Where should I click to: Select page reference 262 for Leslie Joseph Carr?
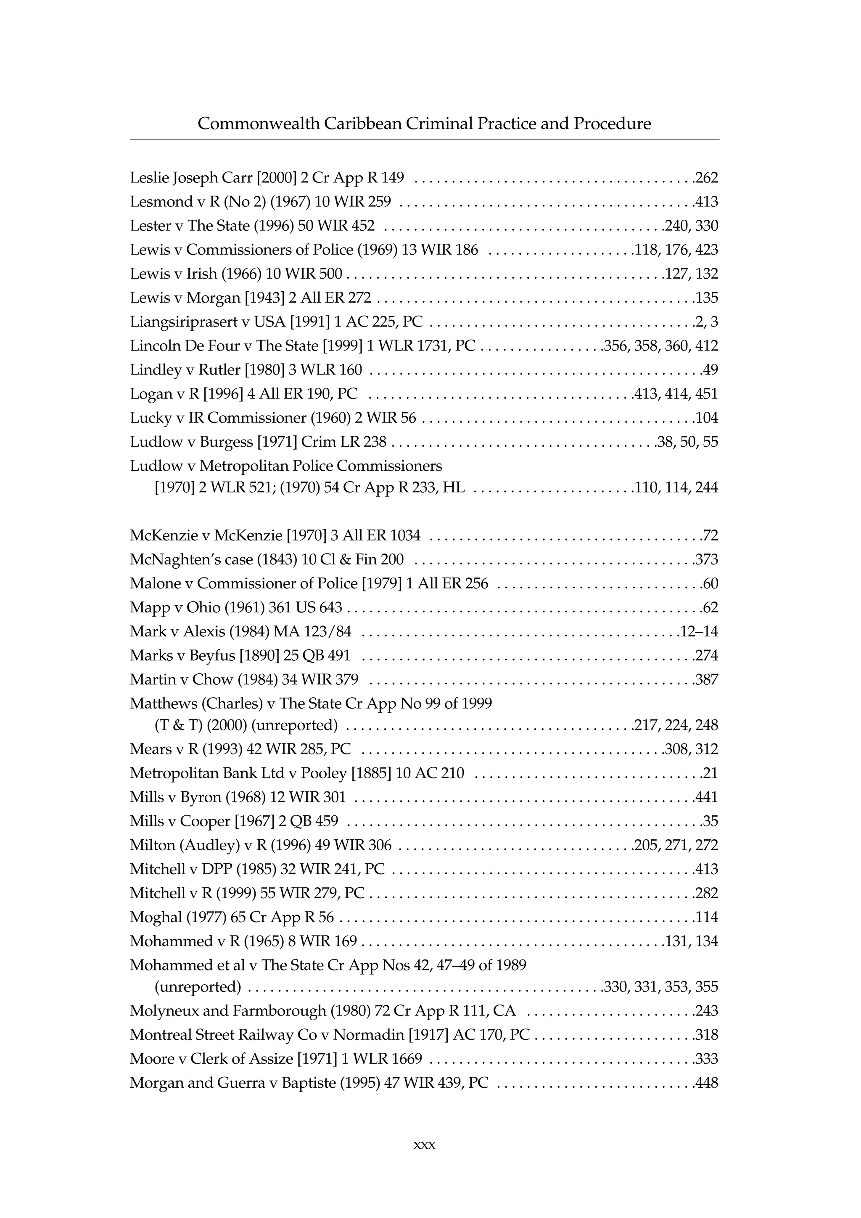coord(707,178)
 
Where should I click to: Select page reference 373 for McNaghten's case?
coord(707,559)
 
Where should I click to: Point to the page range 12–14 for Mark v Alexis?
coord(700,631)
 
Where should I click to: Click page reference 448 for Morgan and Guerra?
coord(707,1083)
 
